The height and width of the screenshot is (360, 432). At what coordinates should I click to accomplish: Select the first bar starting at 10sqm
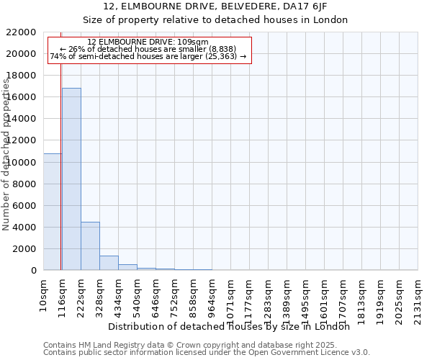click(52, 212)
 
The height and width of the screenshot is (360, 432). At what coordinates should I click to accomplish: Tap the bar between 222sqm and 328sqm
click(90, 246)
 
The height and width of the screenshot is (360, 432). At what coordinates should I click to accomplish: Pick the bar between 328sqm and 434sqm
click(109, 263)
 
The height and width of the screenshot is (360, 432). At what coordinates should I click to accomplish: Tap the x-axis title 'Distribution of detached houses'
click(233, 326)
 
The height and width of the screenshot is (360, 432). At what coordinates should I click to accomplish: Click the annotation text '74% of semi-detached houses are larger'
click(148, 56)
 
